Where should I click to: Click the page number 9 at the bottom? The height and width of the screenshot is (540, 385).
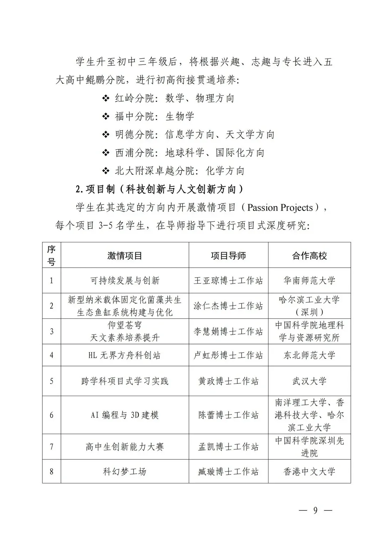(315, 510)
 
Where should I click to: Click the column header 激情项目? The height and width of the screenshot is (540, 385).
(125, 256)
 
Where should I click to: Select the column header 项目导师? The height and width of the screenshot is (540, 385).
(228, 256)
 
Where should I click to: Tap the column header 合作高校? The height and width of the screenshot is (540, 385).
(309, 256)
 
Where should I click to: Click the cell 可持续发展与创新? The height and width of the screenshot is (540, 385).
(125, 281)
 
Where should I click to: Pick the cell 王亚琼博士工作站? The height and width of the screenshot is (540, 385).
(228, 281)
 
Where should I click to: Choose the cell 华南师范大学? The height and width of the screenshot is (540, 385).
(309, 281)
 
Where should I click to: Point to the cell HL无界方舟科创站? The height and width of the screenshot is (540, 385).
(125, 355)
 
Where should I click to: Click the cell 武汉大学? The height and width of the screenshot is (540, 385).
(309, 381)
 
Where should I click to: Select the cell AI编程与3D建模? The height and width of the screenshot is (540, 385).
(125, 415)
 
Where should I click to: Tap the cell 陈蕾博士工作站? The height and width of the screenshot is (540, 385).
(228, 415)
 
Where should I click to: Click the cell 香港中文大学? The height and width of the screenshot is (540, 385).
(309, 472)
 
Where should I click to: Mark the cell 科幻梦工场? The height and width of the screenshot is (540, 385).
(125, 472)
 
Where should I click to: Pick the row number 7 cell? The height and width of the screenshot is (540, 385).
(52, 447)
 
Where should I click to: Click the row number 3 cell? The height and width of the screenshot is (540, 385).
(52, 331)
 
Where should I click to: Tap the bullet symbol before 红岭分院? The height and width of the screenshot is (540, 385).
(106, 98)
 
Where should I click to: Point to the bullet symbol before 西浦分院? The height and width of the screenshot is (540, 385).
(106, 153)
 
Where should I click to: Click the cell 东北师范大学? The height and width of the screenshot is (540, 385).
(309, 355)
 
